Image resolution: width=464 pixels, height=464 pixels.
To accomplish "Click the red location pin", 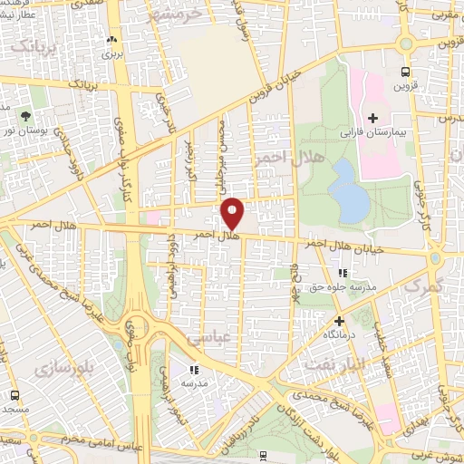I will coord(233,215).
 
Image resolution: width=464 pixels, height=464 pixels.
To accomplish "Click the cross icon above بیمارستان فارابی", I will coord(373,119).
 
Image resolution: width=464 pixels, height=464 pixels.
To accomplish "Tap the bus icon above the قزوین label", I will coord(404,72).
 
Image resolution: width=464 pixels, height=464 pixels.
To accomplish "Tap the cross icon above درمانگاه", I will coord(339,321).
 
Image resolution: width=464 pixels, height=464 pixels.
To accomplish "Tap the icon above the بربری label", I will coord(111,40).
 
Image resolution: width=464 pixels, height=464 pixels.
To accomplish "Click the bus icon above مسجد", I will coord(14,396).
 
